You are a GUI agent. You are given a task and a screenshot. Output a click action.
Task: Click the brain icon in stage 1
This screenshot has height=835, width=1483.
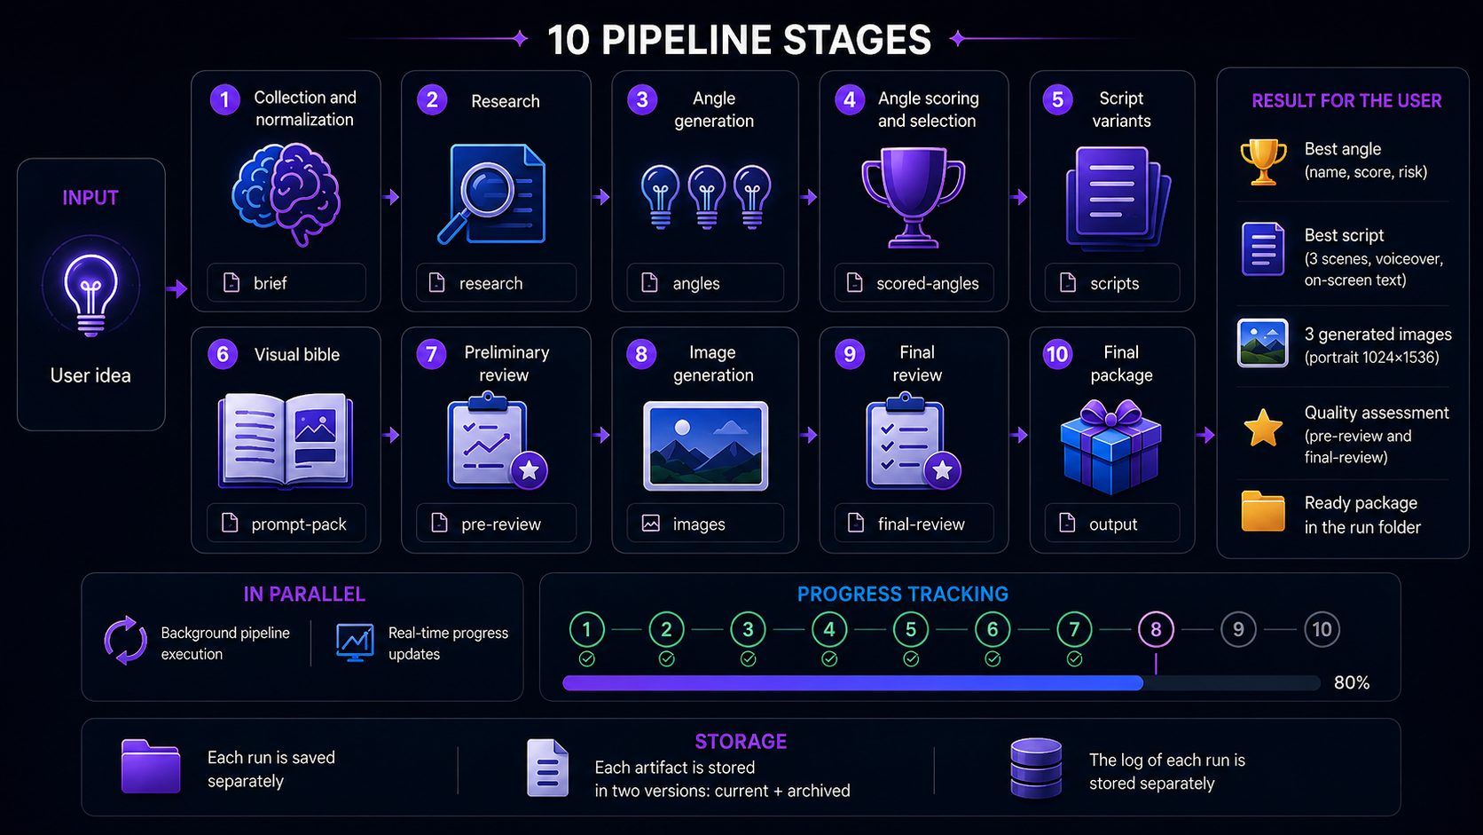pos(286,193)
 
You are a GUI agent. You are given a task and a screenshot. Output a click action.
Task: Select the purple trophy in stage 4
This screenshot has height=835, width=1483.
pos(914,197)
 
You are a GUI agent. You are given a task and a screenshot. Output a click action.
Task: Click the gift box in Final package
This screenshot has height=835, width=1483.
pos(1111,447)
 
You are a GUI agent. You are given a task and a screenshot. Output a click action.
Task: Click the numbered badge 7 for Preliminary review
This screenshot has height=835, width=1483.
pos(431,354)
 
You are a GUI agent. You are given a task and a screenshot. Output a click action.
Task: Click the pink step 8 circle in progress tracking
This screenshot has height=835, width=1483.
pos(1156,629)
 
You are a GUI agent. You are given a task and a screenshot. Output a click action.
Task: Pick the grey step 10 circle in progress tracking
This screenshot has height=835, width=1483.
pos(1322,629)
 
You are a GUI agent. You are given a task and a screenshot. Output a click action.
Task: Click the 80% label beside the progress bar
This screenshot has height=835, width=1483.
pos(1352,682)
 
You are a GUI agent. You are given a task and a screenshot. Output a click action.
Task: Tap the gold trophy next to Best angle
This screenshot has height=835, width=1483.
pos(1263,161)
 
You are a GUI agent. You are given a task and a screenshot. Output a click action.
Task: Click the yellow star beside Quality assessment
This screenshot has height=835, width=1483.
pos(1263,427)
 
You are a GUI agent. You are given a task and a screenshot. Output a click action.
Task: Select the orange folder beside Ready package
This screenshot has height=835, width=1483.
pos(1263,511)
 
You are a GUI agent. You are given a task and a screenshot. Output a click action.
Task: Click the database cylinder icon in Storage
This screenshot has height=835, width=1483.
pos(1036,768)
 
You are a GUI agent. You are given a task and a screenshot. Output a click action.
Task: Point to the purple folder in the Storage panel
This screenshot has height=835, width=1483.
pos(150,767)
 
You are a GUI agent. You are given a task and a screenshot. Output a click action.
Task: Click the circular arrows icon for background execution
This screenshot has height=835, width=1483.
pos(125,641)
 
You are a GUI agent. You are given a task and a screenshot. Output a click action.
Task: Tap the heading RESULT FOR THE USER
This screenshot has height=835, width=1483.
pos(1346,100)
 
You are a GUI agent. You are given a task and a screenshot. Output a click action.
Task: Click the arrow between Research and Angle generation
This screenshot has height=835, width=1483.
pos(601,197)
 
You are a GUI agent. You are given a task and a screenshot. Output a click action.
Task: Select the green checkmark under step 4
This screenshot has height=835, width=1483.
pos(829,659)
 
